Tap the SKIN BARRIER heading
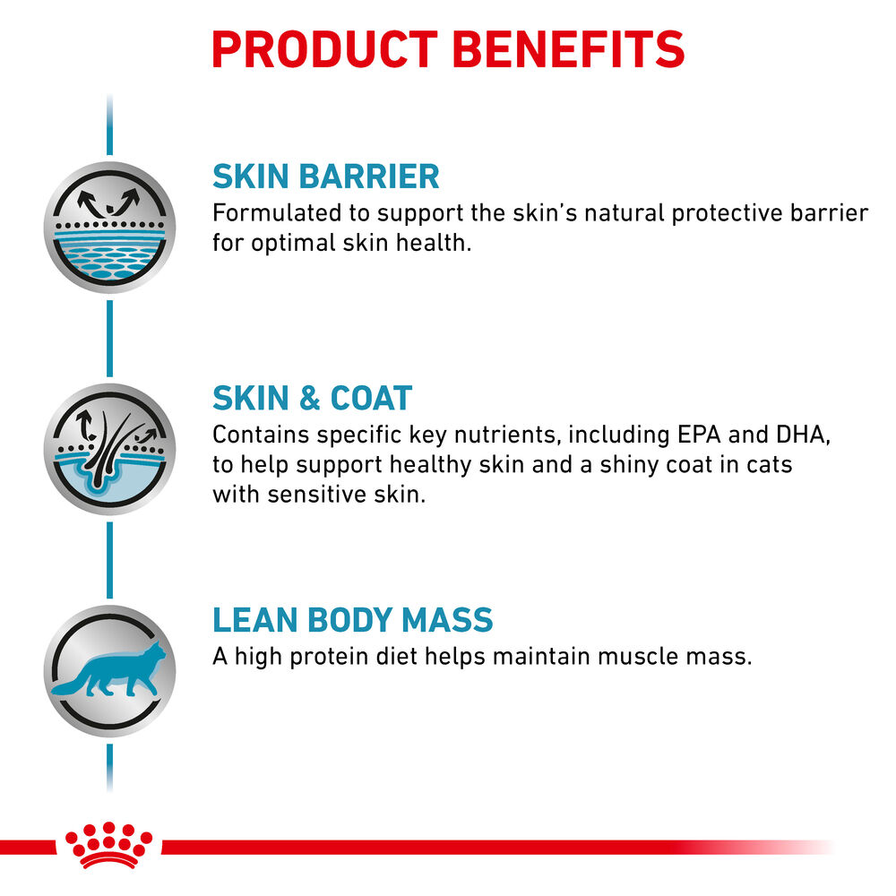[326, 177]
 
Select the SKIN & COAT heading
[312, 398]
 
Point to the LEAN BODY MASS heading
[352, 620]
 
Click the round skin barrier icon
[109, 228]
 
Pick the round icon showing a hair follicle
[109, 449]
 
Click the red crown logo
[108, 845]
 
